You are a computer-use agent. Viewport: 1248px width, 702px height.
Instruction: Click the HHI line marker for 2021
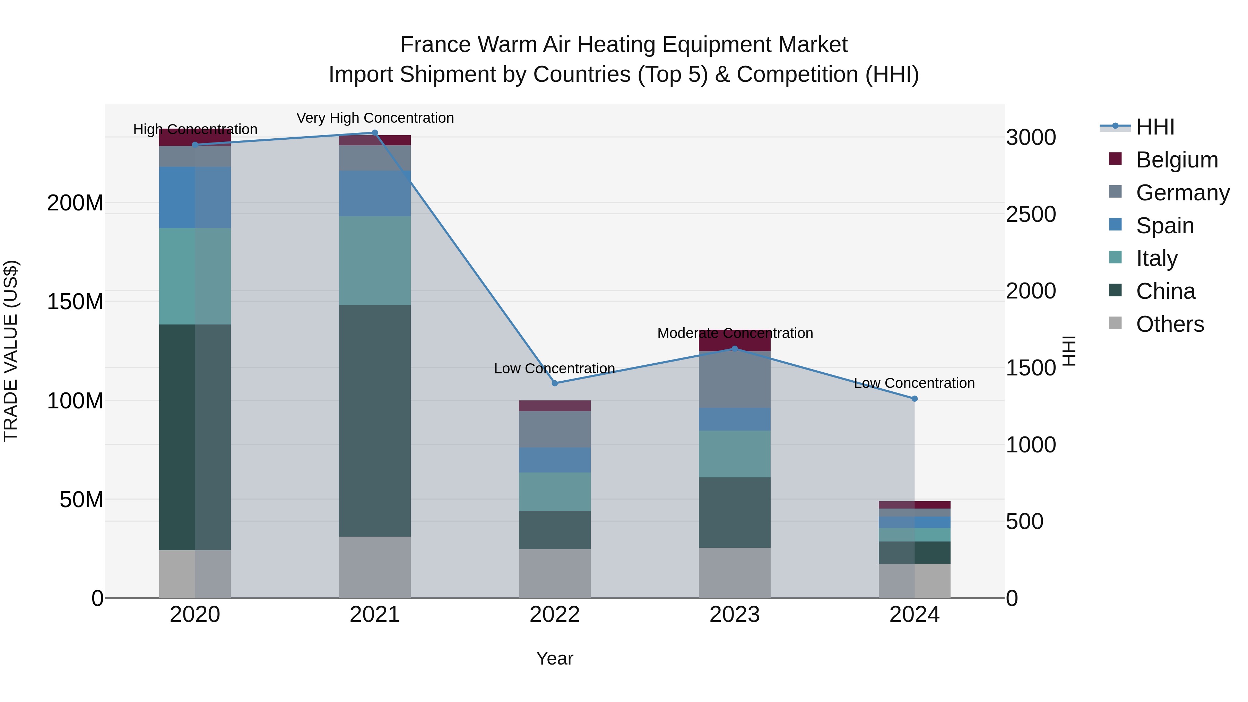pyautogui.click(x=374, y=133)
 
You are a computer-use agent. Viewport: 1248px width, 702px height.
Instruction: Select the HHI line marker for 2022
pyautogui.click(x=555, y=383)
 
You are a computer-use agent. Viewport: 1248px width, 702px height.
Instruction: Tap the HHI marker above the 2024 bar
pyautogui.click(x=914, y=399)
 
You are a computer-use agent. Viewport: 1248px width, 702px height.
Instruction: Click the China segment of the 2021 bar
pyautogui.click(x=374, y=421)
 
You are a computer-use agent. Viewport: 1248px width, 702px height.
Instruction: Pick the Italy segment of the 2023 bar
pyautogui.click(x=735, y=454)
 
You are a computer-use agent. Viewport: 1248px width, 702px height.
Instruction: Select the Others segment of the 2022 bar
pyautogui.click(x=555, y=573)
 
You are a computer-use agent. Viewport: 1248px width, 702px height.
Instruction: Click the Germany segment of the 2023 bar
pyautogui.click(x=735, y=379)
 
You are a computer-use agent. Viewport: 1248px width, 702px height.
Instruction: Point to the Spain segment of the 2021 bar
pyautogui.click(x=374, y=193)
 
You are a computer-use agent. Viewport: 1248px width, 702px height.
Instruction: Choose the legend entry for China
pyautogui.click(x=1165, y=291)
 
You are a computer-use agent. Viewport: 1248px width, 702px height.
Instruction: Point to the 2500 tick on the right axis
pyautogui.click(x=1031, y=214)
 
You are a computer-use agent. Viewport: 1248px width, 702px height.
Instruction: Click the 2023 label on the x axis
pyautogui.click(x=735, y=615)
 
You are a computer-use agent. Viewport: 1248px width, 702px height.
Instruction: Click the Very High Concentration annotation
pyautogui.click(x=375, y=118)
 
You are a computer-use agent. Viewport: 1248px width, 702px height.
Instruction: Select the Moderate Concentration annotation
pyautogui.click(x=735, y=333)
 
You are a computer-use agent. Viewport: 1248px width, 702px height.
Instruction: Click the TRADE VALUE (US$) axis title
pyautogui.click(x=11, y=351)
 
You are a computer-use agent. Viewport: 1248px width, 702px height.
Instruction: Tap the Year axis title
pyautogui.click(x=555, y=658)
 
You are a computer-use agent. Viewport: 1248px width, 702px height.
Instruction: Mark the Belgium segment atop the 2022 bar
pyautogui.click(x=555, y=406)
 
